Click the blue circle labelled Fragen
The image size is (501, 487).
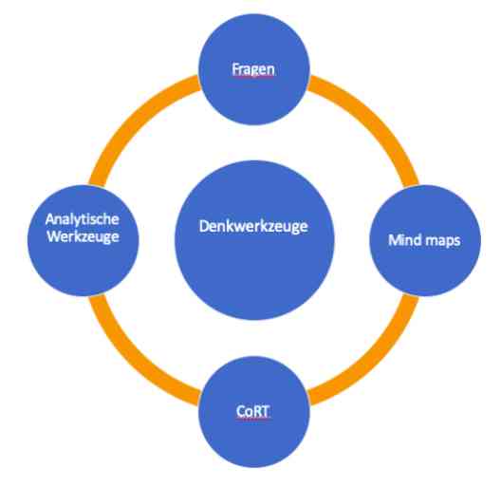254,69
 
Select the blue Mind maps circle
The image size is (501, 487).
425,240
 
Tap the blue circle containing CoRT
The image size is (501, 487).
254,412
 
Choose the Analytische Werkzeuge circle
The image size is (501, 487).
83,240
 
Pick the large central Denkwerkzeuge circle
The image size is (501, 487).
254,240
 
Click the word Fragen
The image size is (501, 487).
253,69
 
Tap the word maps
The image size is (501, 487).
444,241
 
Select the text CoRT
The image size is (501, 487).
252,411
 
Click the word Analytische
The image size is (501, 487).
83,219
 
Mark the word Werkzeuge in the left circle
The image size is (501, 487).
83,237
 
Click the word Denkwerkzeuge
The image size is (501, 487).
253,227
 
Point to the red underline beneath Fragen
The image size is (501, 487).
253,77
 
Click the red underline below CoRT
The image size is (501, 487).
252,419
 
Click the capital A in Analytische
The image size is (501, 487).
50,219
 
